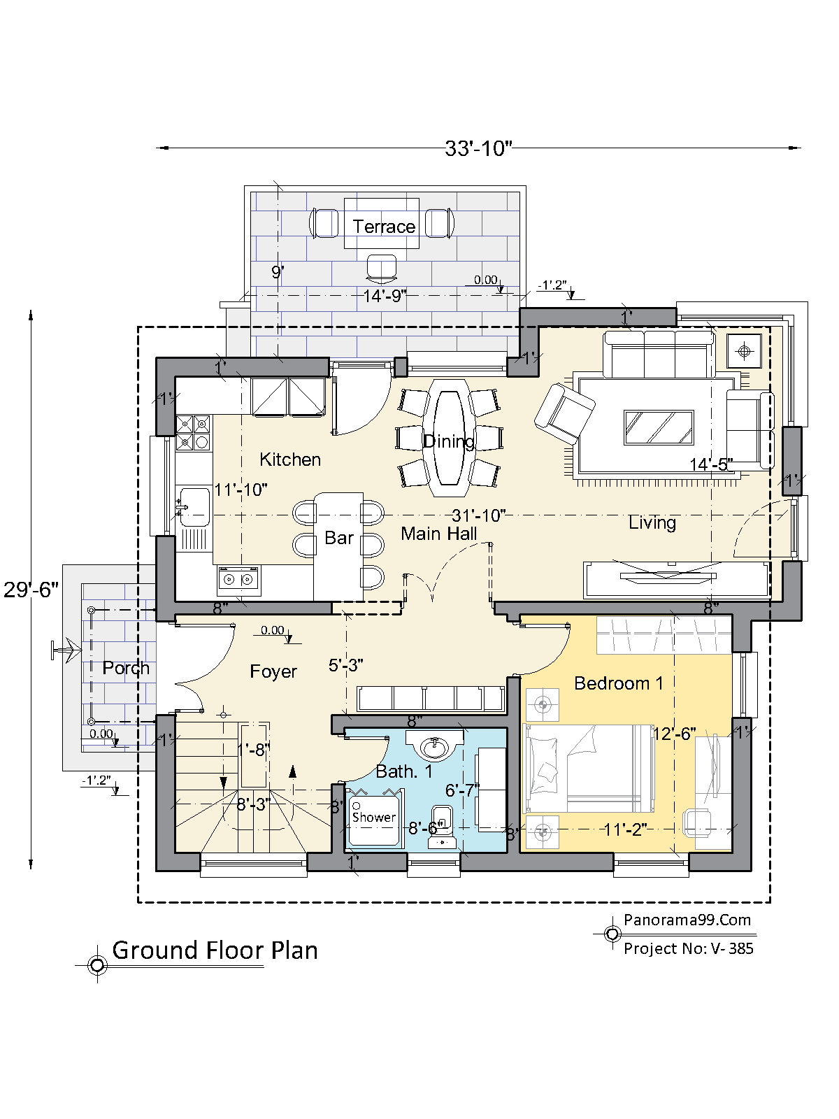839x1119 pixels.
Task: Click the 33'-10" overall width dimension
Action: [x=478, y=148]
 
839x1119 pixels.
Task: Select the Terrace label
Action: [x=384, y=227]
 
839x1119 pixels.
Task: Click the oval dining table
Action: [x=450, y=437]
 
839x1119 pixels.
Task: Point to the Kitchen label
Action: [x=290, y=459]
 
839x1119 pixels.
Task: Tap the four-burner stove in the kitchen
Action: [x=193, y=433]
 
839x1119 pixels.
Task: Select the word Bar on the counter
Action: [x=339, y=538]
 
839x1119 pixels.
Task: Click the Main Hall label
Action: [x=439, y=534]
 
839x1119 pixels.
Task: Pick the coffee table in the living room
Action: [x=659, y=427]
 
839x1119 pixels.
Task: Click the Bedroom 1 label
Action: [x=619, y=683]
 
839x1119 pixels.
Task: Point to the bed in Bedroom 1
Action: [x=589, y=768]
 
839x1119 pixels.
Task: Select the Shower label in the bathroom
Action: [x=374, y=817]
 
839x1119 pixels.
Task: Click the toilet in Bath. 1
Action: [x=442, y=827]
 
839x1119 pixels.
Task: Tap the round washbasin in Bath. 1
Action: [x=435, y=746]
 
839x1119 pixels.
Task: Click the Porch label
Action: [x=126, y=668]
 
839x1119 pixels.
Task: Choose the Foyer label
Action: [x=273, y=671]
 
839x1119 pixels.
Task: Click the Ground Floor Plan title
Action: [x=215, y=950]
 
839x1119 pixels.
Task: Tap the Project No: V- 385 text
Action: [x=688, y=948]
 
